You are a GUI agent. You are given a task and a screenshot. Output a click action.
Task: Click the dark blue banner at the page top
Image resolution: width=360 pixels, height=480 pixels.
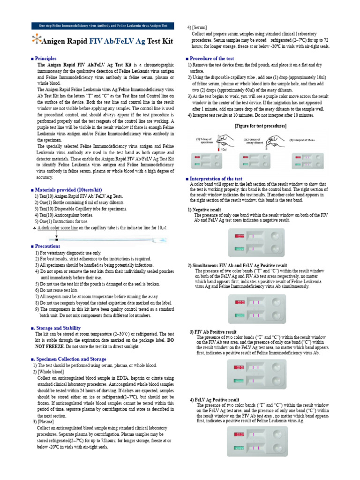pos(102,26)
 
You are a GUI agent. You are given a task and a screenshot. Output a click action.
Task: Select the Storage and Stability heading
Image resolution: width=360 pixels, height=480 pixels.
pos(55,328)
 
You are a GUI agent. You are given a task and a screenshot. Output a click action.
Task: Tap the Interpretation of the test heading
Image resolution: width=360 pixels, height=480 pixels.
pos(214,179)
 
